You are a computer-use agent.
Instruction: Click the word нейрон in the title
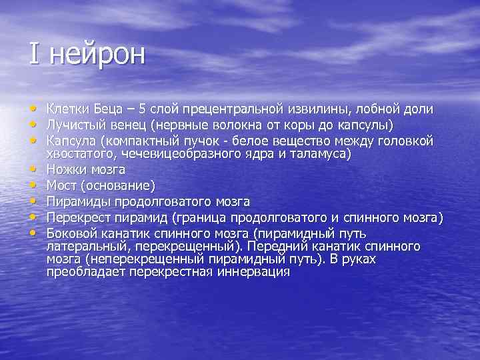(x=95, y=54)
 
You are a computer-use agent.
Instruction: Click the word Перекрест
(x=75, y=218)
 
